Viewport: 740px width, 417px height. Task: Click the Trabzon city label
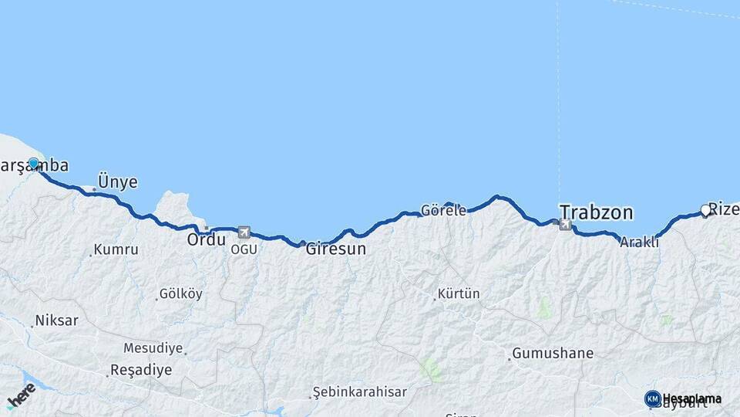pos(596,212)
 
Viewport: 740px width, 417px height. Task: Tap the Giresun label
pos(335,249)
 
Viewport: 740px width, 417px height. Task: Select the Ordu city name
pos(206,239)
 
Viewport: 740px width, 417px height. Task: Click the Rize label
pos(724,208)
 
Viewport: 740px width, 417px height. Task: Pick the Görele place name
pos(443,210)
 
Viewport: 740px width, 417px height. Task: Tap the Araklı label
pos(639,242)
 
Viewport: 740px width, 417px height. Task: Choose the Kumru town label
pos(116,250)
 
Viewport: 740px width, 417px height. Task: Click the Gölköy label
pos(180,294)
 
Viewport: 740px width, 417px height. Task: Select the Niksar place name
pos(56,320)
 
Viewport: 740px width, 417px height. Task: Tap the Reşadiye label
pos(141,370)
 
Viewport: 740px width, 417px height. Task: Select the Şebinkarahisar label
pos(360,392)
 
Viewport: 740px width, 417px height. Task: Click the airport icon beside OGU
pos(244,232)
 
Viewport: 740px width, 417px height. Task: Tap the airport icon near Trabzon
pos(567,225)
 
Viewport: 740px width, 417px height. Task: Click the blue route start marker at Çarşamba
pos(33,164)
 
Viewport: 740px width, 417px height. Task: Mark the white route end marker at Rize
pos(705,210)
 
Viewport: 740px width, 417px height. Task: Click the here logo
pos(21,395)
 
